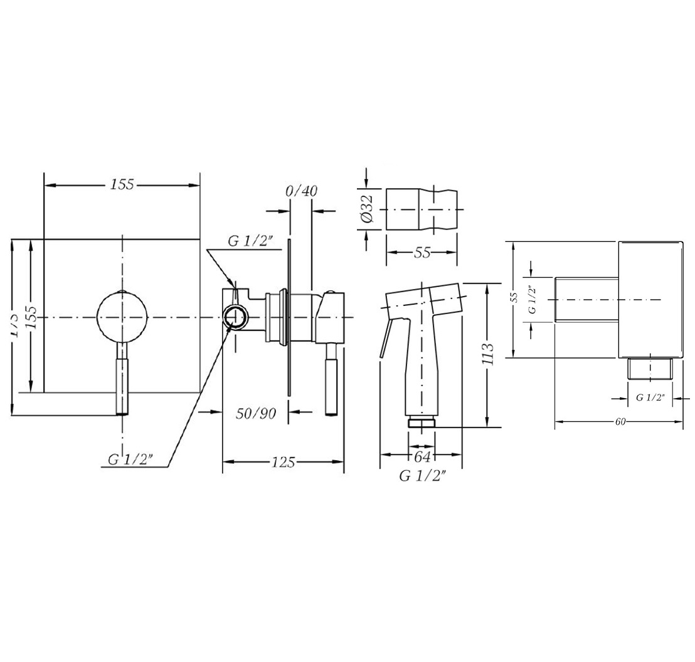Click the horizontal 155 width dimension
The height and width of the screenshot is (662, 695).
coord(122,185)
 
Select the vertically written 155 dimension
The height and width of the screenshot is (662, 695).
coord(31,317)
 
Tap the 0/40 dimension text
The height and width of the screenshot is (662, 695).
coord(301,191)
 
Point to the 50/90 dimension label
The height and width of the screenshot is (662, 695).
coord(256,413)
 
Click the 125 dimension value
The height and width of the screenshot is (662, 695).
coord(284,463)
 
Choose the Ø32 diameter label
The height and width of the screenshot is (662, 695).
coord(368,208)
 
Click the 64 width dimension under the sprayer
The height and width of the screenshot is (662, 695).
coord(422,456)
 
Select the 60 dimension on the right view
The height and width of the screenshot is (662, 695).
coord(620,422)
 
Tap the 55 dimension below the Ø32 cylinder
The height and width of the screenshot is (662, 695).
coord(423,253)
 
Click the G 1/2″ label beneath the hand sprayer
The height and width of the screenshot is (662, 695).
coord(423,476)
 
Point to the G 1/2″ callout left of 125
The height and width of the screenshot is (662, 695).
coord(130,460)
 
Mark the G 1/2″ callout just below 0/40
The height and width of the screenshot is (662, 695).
coord(251,242)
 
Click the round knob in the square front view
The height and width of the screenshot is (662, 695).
coord(123,317)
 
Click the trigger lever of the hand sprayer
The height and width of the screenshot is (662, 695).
coord(386,339)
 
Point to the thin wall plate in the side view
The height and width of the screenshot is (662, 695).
coord(289,317)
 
